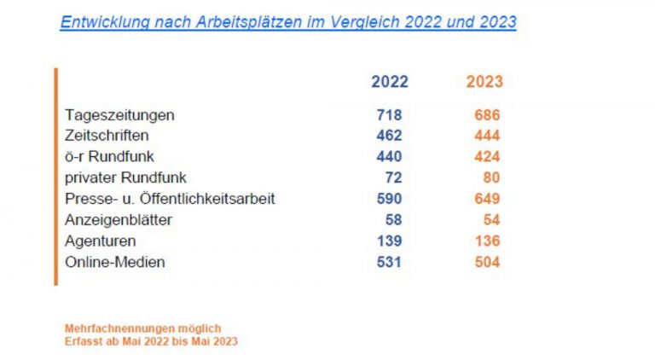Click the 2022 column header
tap(389, 82)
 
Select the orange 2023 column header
tap(484, 82)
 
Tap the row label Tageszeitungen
tap(119, 114)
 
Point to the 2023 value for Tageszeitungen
tap(487, 114)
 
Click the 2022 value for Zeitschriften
tap(389, 136)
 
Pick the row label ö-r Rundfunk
tap(109, 156)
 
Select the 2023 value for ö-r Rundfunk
tap(487, 156)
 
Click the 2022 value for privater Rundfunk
tap(393, 177)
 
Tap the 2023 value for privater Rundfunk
tap(490, 177)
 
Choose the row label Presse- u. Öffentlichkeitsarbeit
tap(170, 199)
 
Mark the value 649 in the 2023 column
tap(487, 199)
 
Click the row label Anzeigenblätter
tap(119, 219)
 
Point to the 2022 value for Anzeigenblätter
tap(393, 219)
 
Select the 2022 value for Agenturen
tap(389, 241)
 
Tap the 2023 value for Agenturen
tap(487, 241)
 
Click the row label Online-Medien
tap(115, 262)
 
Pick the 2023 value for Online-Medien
tap(487, 262)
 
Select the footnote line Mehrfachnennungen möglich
tap(142, 328)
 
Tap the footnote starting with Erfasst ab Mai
tap(151, 341)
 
